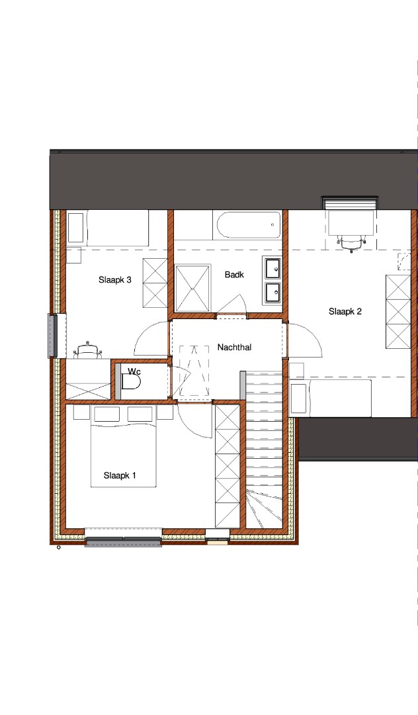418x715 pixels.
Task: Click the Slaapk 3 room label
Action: click(x=114, y=279)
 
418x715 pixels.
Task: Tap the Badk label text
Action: click(x=234, y=275)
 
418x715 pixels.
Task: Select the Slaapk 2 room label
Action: click(x=345, y=311)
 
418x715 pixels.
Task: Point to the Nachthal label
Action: click(x=234, y=347)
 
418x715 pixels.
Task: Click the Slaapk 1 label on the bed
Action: click(x=120, y=475)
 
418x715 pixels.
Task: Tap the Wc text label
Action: click(x=134, y=371)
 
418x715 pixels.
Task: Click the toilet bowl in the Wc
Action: click(x=131, y=383)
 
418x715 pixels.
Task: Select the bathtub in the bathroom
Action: click(x=248, y=225)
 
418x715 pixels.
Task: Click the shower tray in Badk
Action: click(x=193, y=288)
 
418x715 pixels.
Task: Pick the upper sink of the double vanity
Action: click(x=272, y=268)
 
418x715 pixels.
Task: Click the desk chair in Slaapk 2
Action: click(x=351, y=244)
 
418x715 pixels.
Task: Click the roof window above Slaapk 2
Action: click(x=350, y=201)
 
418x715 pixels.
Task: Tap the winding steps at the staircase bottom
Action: click(x=264, y=506)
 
